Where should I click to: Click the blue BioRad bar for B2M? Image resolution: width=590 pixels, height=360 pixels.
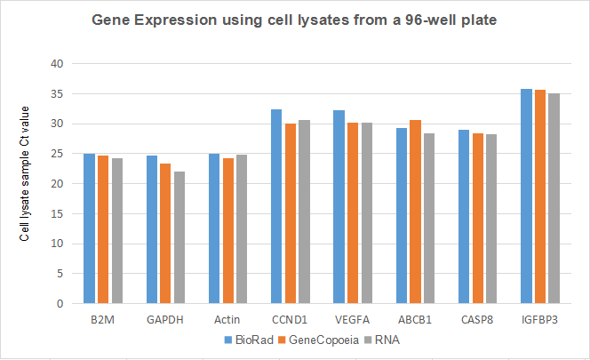(x=89, y=228)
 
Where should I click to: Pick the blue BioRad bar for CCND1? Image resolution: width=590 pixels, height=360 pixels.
(x=275, y=206)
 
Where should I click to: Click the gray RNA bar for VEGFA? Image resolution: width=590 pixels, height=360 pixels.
(x=366, y=213)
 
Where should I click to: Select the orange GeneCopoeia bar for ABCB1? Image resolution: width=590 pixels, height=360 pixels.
(x=415, y=212)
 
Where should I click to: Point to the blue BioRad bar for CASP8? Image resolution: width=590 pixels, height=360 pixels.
(x=462, y=217)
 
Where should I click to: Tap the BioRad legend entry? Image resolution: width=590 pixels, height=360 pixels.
(x=245, y=339)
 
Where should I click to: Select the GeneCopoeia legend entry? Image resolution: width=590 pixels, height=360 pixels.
(x=307, y=339)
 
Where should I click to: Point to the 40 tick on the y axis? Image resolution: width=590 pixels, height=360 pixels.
(x=58, y=64)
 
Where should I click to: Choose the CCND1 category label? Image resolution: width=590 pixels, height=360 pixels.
(x=290, y=320)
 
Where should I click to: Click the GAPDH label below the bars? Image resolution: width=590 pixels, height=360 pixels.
(x=166, y=320)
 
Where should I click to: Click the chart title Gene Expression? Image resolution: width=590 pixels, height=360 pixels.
(x=293, y=20)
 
